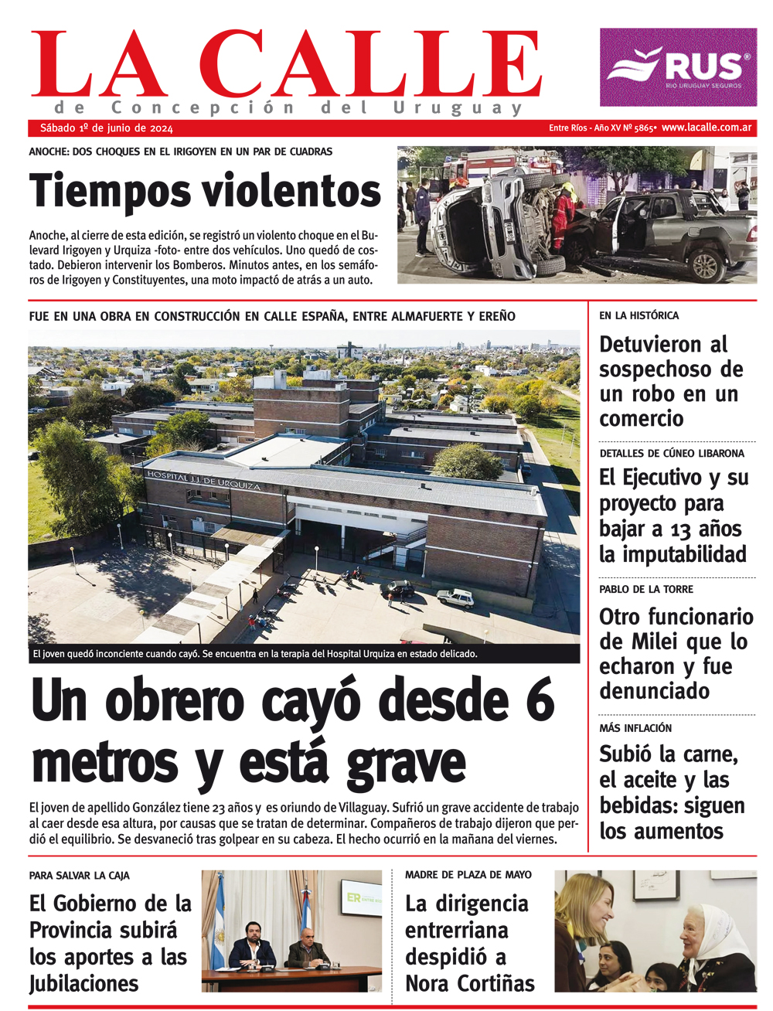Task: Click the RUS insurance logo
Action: (678, 67)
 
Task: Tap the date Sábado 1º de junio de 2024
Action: (107, 128)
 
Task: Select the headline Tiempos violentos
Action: (205, 191)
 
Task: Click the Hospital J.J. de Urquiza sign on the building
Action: (203, 480)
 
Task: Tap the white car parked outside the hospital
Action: (455, 597)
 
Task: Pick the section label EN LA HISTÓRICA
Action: (638, 315)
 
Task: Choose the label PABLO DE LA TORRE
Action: (645, 589)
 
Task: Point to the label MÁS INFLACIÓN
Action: (635, 728)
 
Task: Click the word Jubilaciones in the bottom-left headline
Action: (83, 983)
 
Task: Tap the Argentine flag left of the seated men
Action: (218, 924)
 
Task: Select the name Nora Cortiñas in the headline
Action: (470, 983)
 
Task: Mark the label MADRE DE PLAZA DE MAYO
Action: (468, 874)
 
